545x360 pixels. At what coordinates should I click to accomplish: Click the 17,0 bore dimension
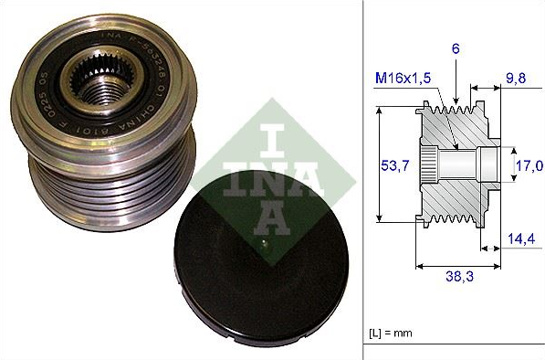pyautogui.click(x=528, y=165)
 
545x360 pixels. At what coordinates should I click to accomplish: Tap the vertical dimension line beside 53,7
pyautogui.click(x=379, y=165)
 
